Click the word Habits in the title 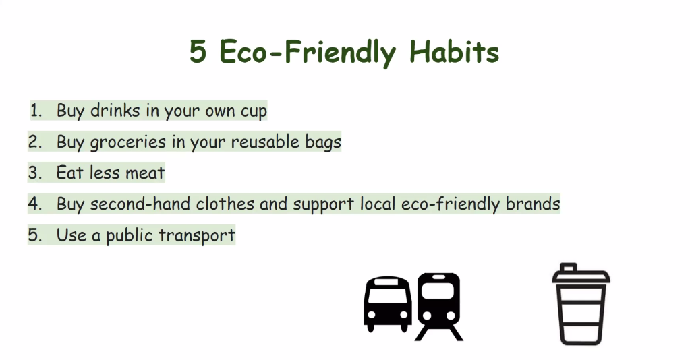tap(454, 52)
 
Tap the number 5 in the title tap(198, 52)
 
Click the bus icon tap(387, 304)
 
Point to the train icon tap(438, 306)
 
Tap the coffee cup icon tap(581, 304)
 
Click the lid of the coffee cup tap(581, 274)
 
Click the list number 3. tap(34, 173)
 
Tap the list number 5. tap(34, 235)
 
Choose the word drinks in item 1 tap(115, 111)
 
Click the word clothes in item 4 tap(225, 204)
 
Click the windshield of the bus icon tap(387, 293)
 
